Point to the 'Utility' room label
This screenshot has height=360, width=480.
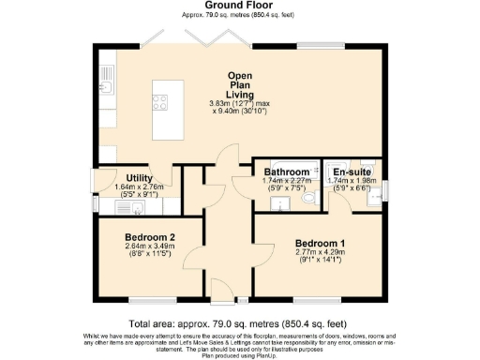point(126,177)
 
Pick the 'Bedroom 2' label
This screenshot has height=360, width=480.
point(151,238)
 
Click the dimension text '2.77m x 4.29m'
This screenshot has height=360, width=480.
point(318,251)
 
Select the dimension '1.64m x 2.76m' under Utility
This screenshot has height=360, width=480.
point(126,187)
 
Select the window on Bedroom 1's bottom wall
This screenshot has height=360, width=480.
point(314,300)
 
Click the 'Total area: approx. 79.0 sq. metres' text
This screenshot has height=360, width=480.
point(239,323)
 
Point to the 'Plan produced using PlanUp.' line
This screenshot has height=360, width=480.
point(239,353)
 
